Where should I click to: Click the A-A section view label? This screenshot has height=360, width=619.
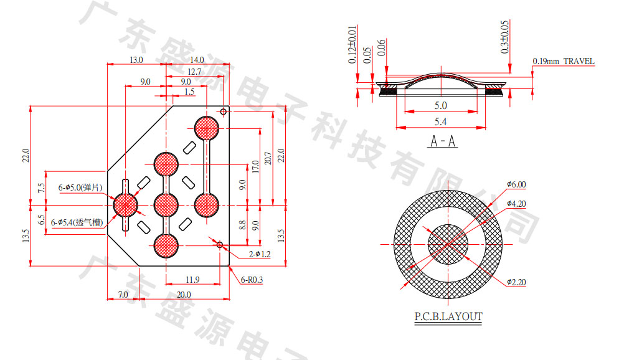click(443, 142)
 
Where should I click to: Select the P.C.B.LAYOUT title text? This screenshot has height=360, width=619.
click(448, 316)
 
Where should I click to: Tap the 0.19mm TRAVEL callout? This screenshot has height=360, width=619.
click(564, 62)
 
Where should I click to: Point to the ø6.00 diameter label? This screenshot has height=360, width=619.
click(516, 184)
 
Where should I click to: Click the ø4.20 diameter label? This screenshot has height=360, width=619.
click(516, 204)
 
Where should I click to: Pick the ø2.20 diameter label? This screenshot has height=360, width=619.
click(516, 282)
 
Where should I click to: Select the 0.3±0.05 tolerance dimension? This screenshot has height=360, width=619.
click(505, 36)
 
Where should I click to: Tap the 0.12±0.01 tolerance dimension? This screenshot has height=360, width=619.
click(352, 45)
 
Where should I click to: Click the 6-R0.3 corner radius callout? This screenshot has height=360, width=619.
click(252, 280)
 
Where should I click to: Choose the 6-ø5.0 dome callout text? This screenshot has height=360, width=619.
click(80, 187)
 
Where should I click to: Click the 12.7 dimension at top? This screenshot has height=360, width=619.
click(194, 72)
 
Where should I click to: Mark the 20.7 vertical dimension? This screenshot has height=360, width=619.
click(267, 159)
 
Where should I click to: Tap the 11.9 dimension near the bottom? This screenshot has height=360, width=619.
click(192, 278)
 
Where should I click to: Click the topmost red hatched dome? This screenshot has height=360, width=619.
click(207, 128)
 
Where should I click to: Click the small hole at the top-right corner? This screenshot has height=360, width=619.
click(223, 111)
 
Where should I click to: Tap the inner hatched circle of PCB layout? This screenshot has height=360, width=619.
click(448, 244)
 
